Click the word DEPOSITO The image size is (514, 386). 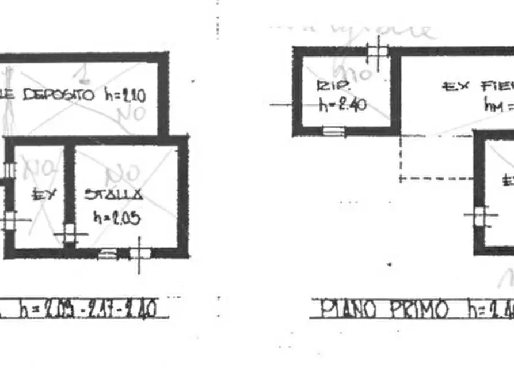click(58, 94)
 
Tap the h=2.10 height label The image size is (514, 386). click(125, 94)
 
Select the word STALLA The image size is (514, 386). click(114, 194)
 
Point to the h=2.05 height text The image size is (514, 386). click(117, 218)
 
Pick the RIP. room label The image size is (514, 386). click(329, 86)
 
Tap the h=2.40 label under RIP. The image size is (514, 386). click(343, 105)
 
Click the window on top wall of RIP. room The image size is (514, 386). click(378, 51)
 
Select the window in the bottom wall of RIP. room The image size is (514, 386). click(334, 131)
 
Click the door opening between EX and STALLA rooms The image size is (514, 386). click(70, 233)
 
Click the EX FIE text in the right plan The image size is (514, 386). click(478, 87)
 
